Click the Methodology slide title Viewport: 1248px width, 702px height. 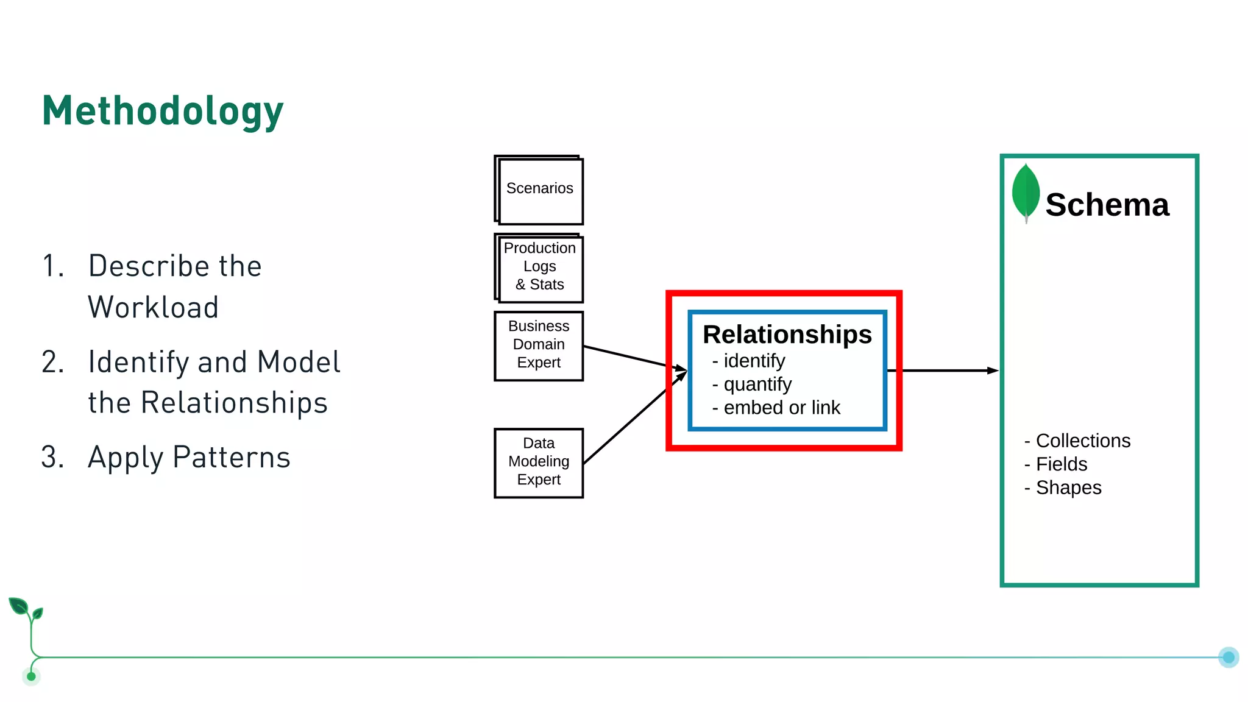pos(163,111)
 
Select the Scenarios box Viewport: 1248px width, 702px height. pos(539,190)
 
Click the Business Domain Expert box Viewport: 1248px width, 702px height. pos(539,345)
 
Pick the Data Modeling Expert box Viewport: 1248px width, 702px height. pos(539,462)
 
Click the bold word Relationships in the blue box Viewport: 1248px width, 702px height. pos(787,335)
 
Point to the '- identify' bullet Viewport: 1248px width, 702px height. pos(749,361)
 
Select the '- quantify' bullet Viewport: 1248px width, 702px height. pos(752,385)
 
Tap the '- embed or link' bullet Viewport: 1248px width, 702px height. pos(776,408)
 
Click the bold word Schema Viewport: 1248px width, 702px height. pos(1107,205)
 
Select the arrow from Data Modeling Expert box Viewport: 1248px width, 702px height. pos(634,419)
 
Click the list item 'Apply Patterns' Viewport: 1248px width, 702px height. pos(189,457)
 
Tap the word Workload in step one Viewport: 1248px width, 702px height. pos(153,307)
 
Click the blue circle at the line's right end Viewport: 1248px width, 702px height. pos(1228,657)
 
